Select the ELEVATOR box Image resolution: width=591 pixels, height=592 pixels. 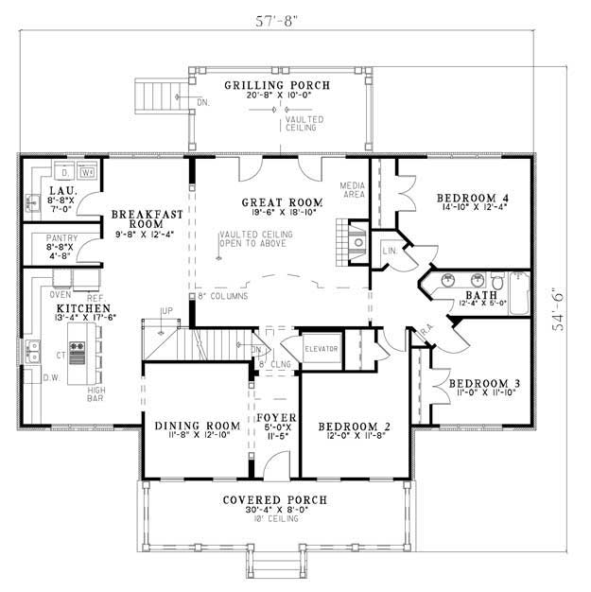(321, 348)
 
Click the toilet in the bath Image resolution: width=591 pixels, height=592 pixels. (495, 281)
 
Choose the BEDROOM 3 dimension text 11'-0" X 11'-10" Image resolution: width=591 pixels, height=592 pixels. (483, 391)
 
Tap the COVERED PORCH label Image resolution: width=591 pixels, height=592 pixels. (275, 499)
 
